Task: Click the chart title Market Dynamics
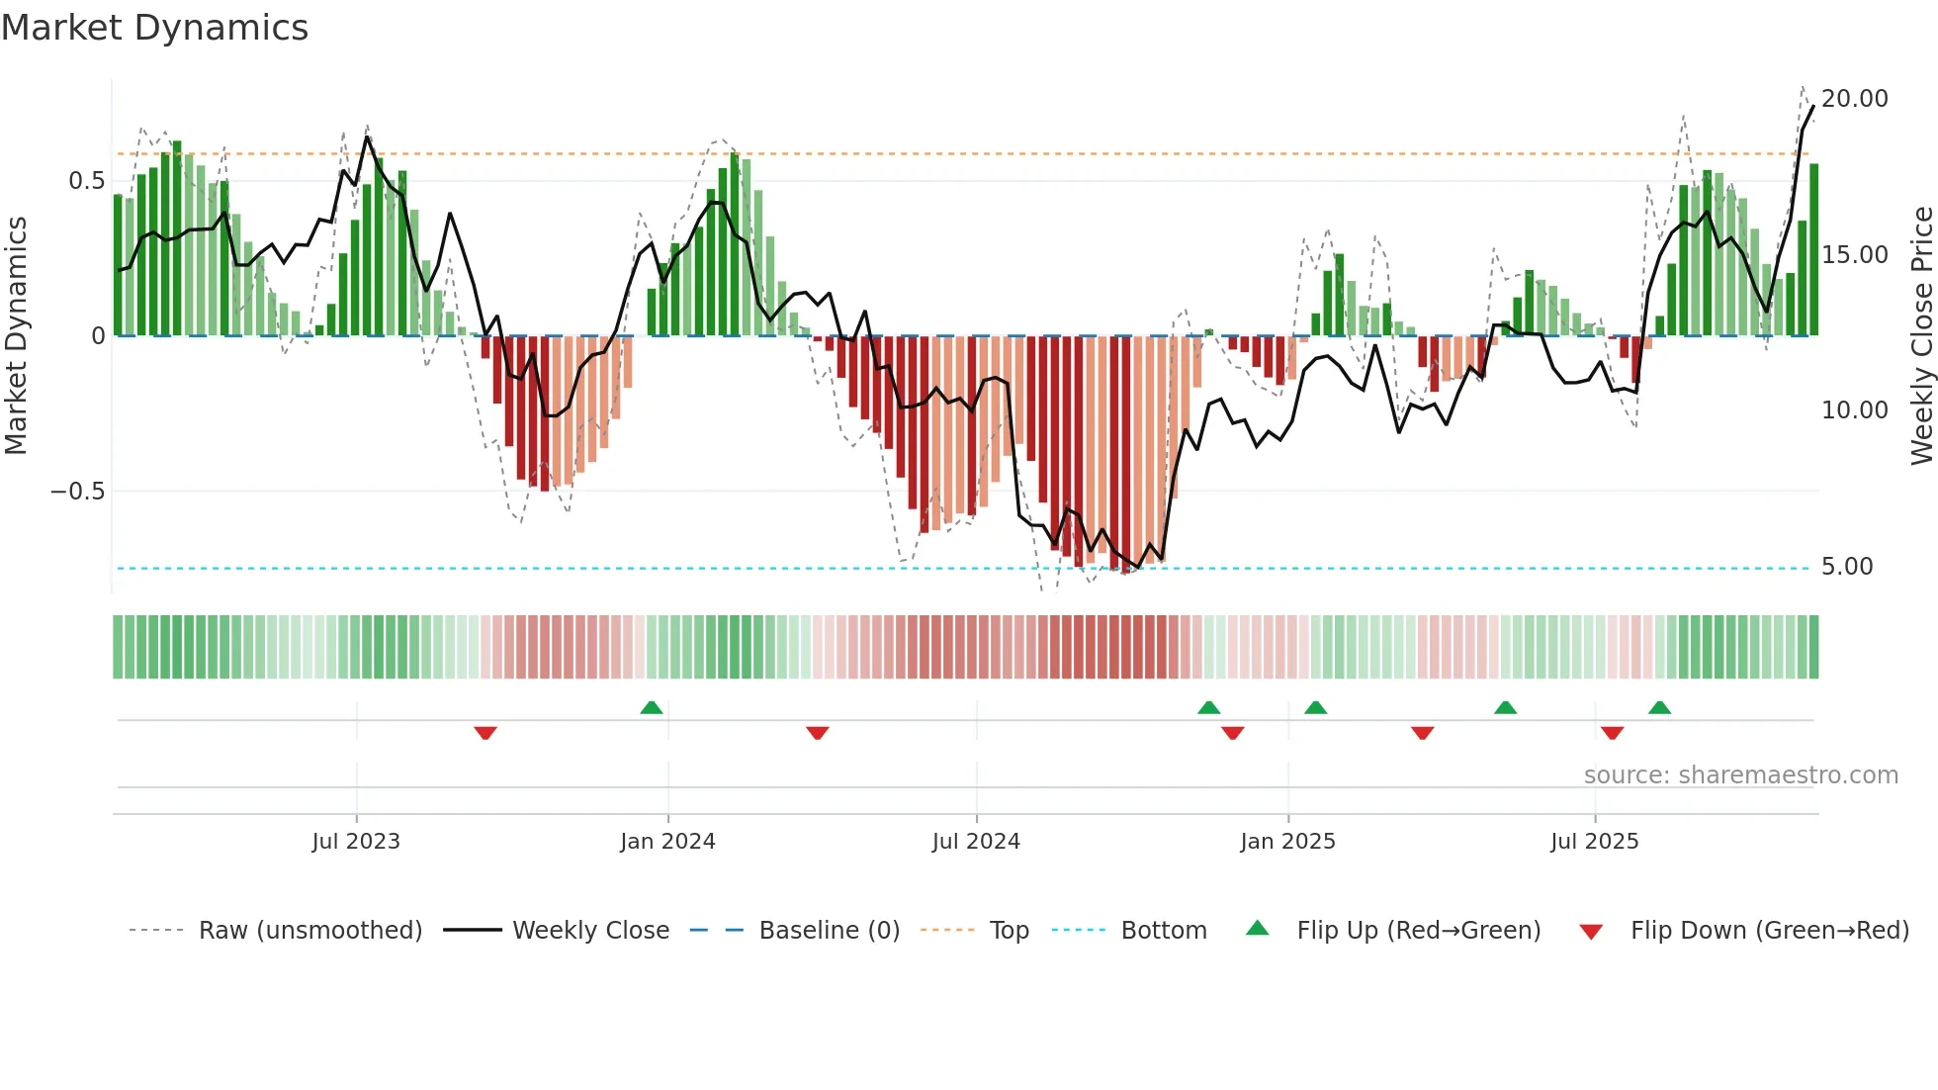(154, 28)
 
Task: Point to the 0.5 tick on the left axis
(87, 181)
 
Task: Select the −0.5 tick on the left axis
(78, 492)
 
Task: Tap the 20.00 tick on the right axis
(1854, 99)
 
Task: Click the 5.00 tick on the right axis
(1846, 567)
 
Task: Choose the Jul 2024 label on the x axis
(975, 842)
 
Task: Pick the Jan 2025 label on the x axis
(1287, 842)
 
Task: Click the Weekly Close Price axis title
(1921, 336)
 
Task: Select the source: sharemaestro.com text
(1740, 775)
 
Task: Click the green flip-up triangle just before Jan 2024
(651, 708)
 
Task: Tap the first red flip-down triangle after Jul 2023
(484, 733)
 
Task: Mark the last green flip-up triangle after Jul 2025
(1659, 708)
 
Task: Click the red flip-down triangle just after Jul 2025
(1612, 733)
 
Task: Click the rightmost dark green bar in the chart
(1813, 250)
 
